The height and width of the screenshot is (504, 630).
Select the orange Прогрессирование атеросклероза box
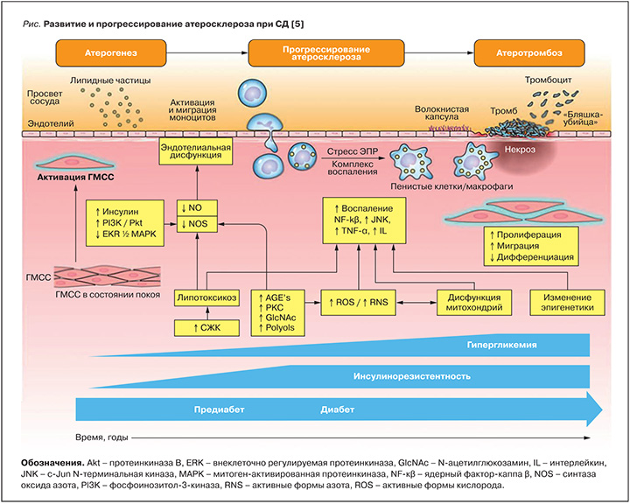(x=320, y=54)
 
